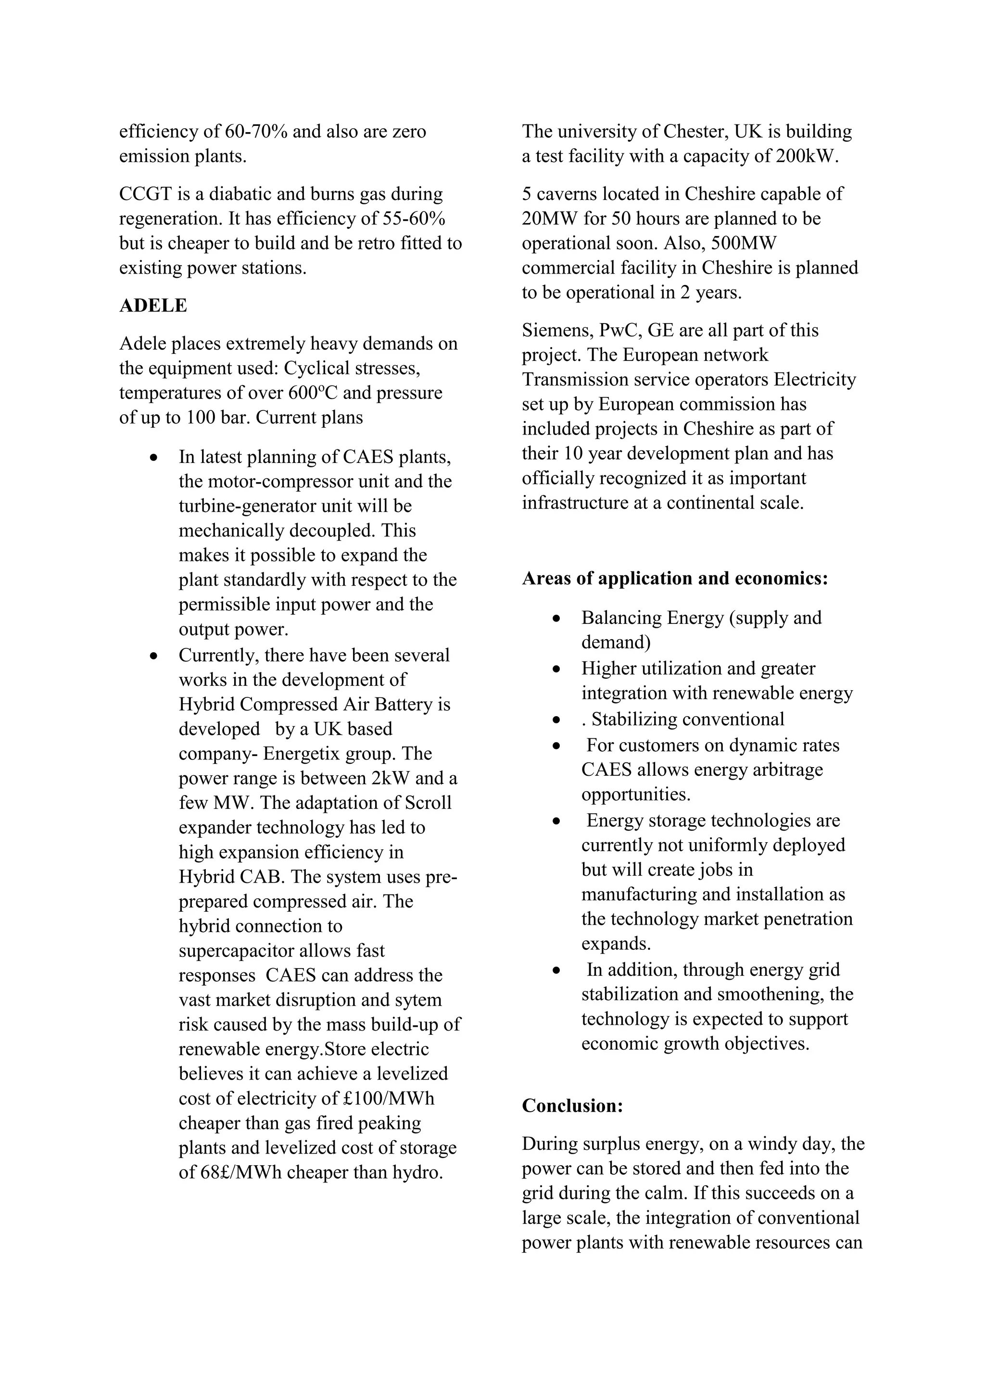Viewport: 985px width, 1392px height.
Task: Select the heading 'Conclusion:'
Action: tap(572, 1106)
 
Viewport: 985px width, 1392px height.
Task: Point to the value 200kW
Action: tap(806, 156)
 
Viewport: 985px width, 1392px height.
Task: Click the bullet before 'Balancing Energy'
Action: tap(556, 619)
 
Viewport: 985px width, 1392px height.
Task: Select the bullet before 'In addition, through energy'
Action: tap(556, 970)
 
